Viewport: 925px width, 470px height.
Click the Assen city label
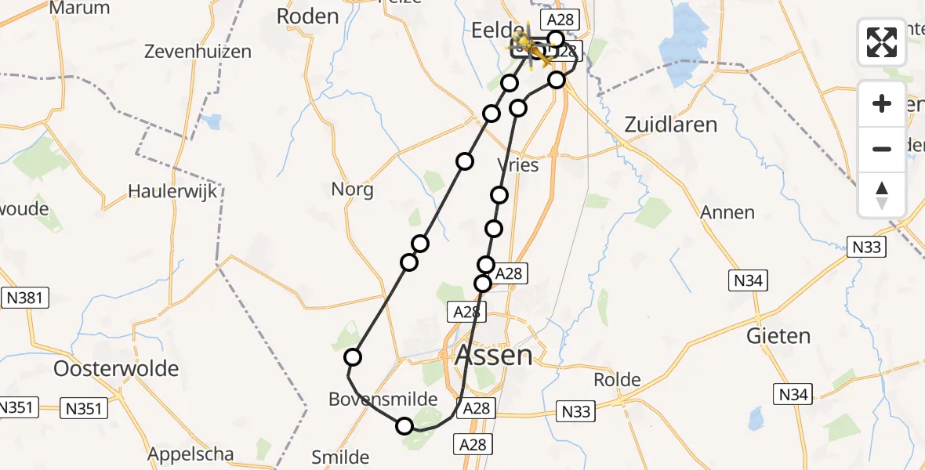coord(494,356)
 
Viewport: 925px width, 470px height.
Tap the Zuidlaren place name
coord(670,125)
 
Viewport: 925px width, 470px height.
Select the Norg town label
coord(352,189)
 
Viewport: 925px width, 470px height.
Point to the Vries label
coord(519,165)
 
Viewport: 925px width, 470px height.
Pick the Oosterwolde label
coord(116,368)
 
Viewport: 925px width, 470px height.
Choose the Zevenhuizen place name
coord(198,52)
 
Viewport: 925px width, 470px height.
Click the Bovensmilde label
coord(383,399)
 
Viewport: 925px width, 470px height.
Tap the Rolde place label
coord(618,380)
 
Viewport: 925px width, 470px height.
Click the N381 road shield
coord(27,298)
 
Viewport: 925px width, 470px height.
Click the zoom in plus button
coord(882,103)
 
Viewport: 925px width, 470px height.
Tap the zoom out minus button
coord(882,149)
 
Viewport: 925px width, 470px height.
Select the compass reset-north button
coord(882,194)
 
